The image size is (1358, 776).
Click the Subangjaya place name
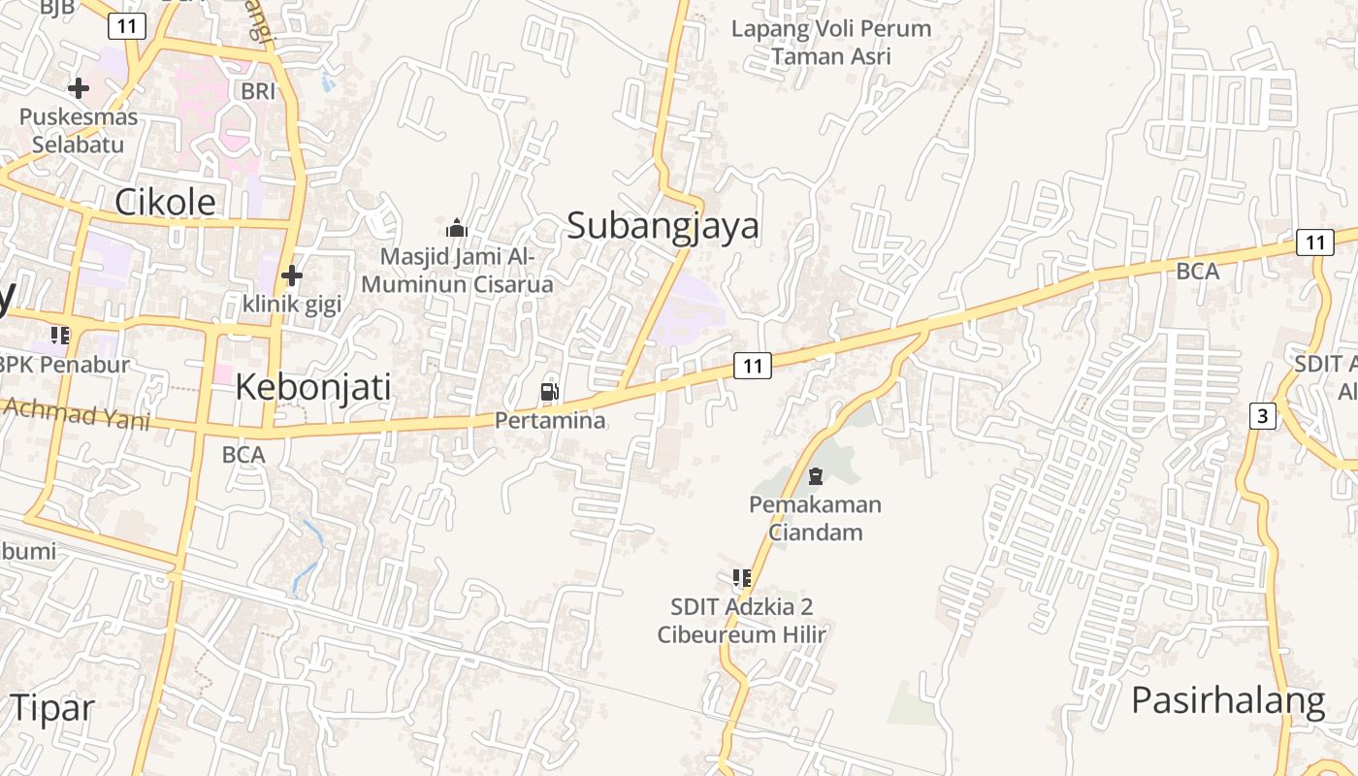(663, 226)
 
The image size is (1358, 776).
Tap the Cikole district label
(165, 202)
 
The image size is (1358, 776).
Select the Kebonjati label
(313, 387)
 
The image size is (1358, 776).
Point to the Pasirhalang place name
(1228, 699)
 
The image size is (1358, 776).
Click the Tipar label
(52, 707)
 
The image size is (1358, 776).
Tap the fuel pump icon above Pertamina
(549, 392)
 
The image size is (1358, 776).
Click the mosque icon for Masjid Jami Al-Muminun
(456, 229)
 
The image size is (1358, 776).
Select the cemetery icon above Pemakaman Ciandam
(815, 476)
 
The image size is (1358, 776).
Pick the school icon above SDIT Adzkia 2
(742, 578)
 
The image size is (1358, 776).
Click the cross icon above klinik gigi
(291, 275)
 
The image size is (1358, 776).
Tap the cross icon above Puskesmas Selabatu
(78, 88)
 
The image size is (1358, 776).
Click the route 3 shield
(1261, 416)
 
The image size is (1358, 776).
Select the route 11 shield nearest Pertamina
(753, 366)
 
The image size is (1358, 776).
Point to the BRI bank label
(259, 91)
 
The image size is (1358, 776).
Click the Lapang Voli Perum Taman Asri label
(831, 43)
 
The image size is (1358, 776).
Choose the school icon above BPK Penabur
(60, 336)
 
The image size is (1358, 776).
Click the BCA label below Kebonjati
(242, 454)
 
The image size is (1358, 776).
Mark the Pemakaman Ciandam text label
(815, 518)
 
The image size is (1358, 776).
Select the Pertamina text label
(550, 420)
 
